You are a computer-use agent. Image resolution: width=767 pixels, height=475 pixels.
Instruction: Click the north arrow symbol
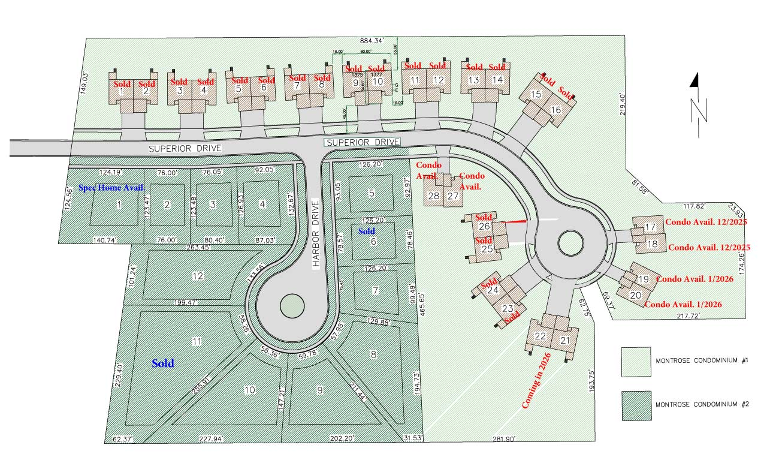coord(697,102)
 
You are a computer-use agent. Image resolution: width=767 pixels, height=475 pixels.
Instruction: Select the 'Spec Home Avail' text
coord(111,188)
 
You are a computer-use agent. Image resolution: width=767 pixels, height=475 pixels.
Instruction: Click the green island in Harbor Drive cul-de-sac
coord(291,305)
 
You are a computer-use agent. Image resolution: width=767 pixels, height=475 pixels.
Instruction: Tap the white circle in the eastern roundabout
coord(570,243)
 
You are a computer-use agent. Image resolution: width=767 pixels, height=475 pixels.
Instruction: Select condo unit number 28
coord(433,196)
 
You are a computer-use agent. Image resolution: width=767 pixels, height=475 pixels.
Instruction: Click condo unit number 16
coord(555,110)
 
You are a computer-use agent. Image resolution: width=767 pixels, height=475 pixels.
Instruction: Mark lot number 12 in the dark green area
coord(198,276)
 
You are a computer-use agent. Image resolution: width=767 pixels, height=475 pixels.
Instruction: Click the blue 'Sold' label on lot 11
coord(162,363)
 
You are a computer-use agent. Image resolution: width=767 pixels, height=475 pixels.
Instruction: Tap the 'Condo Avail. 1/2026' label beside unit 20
coord(683,305)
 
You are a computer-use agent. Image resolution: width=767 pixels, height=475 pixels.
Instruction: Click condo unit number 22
coord(540,336)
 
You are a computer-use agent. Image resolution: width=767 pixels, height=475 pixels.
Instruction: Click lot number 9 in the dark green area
coord(320,389)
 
